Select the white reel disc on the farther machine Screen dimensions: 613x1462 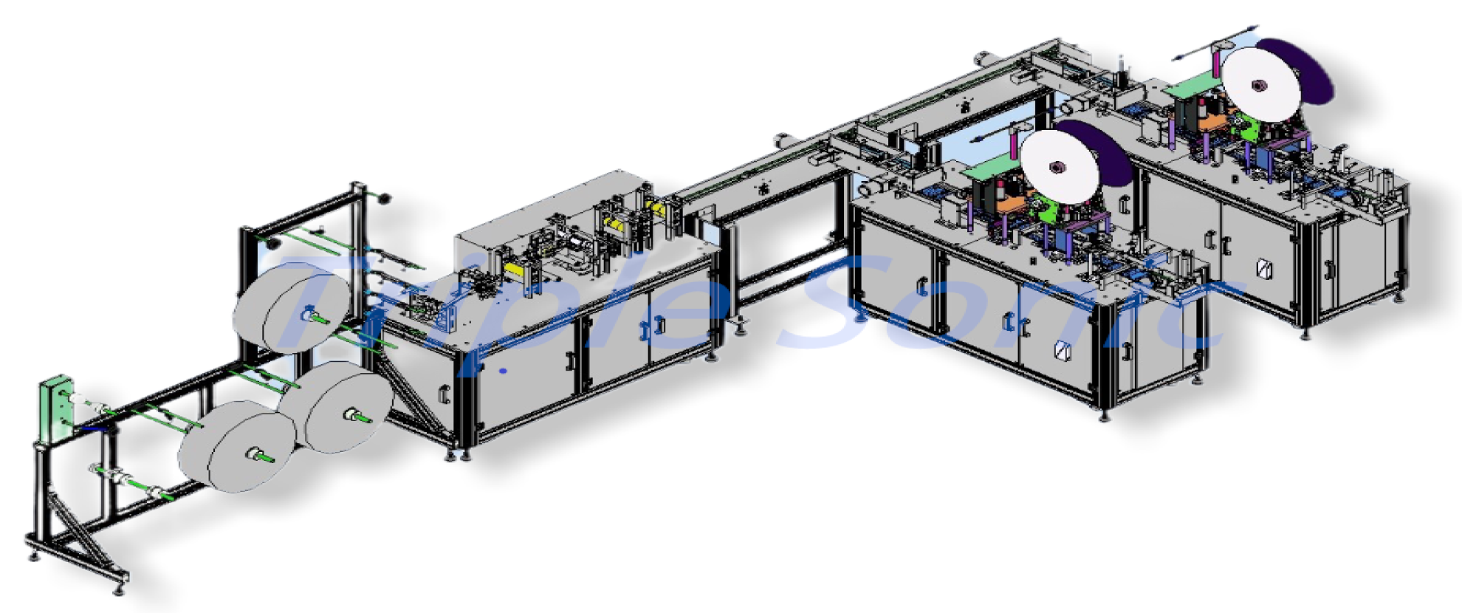click(1260, 85)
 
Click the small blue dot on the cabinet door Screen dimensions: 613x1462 click(504, 370)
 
